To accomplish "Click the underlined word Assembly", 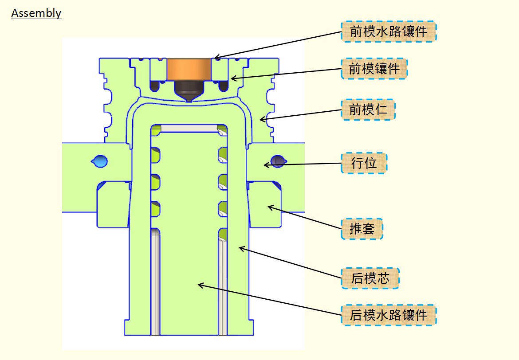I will tap(36, 13).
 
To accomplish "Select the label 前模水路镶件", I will tap(389, 31).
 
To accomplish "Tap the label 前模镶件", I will tap(374, 69).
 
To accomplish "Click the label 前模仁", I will tap(368, 109).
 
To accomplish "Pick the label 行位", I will tap(364, 163).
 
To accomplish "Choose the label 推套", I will tap(362, 229).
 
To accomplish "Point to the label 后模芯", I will tap(370, 278).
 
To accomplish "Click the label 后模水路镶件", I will tap(389, 315).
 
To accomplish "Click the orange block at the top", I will tap(189, 69).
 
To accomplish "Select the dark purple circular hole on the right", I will tap(278, 160).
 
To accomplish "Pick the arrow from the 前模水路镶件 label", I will tap(277, 45).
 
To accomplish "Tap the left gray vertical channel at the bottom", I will tap(156, 284).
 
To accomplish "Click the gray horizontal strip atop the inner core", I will tap(189, 128).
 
